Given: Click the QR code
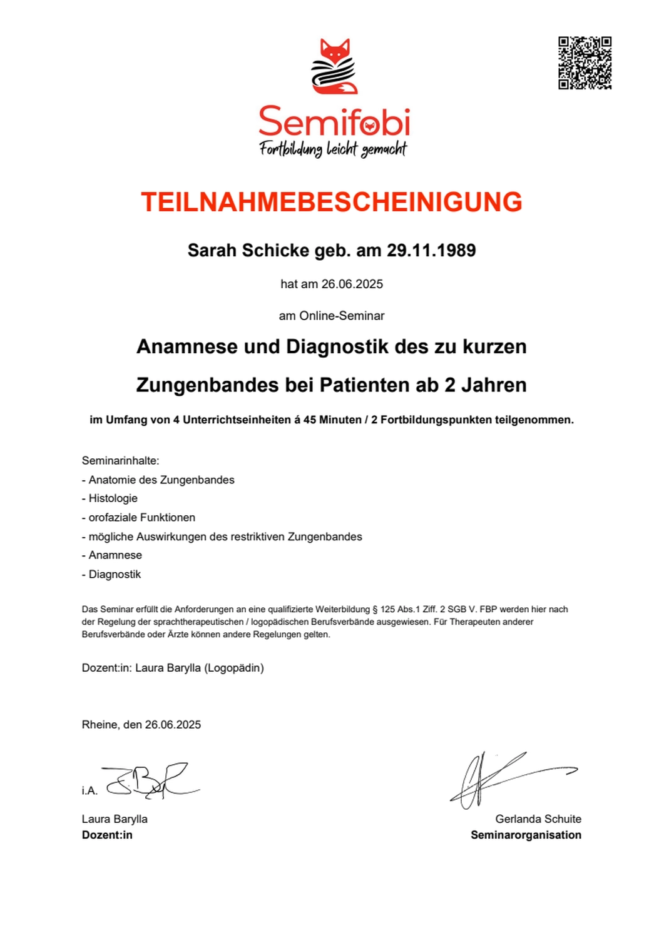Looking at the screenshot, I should (585, 63).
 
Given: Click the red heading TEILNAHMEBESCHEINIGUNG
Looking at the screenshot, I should (332, 202).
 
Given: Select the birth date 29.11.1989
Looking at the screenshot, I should (431, 250).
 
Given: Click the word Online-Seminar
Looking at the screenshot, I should (342, 316).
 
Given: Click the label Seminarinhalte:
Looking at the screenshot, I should (121, 461).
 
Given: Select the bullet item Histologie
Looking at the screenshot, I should (113, 498).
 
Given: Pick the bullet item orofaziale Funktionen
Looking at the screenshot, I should (141, 518).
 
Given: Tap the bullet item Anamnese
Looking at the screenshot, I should (115, 555).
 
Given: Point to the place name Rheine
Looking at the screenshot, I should (100, 725).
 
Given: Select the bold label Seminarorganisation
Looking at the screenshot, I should (526, 835).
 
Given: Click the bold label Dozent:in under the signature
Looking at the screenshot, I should (107, 835).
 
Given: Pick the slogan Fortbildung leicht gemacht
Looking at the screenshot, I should (333, 149).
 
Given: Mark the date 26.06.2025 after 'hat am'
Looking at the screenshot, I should (352, 284).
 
